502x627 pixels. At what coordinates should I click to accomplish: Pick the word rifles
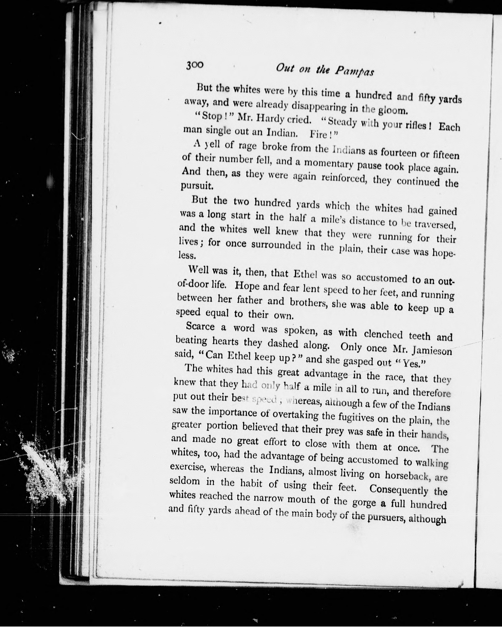click(x=413, y=125)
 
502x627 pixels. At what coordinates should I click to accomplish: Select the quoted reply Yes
click(x=416, y=364)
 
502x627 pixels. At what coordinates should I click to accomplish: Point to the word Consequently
click(x=398, y=489)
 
